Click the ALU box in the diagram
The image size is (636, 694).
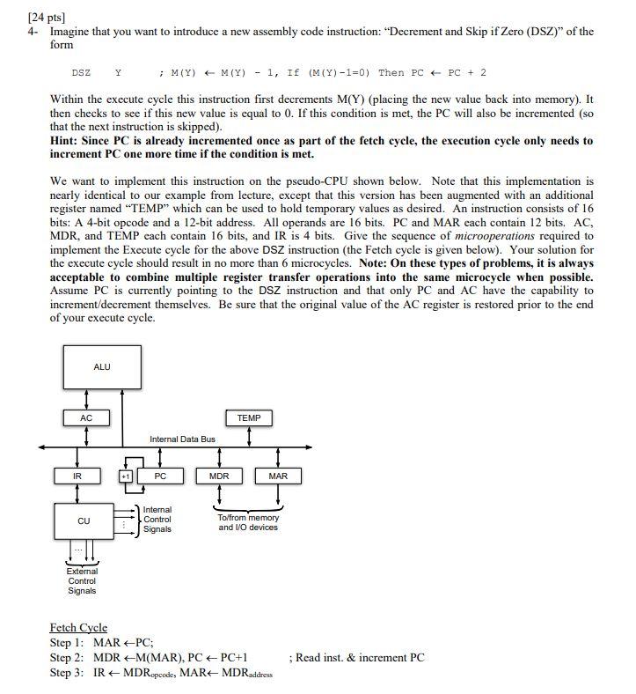tap(102, 367)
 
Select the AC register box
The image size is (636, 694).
tap(85, 417)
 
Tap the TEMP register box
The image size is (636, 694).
tap(249, 417)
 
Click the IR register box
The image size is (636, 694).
tap(78, 476)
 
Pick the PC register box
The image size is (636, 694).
tap(160, 476)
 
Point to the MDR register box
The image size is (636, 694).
tap(219, 476)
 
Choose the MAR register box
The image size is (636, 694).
tap(278, 476)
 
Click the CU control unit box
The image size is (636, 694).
tap(84, 521)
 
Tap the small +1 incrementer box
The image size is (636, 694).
tap(126, 476)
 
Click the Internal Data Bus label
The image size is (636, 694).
tap(182, 439)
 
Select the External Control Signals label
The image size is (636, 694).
tap(82, 580)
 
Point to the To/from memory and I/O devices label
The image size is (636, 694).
tap(248, 522)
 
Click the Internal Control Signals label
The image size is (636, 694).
tap(157, 519)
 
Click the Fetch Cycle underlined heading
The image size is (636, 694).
tap(78, 627)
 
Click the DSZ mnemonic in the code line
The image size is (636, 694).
tap(81, 73)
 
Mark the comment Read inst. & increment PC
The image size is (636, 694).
tap(356, 657)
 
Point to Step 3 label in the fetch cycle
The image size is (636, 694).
tap(69, 673)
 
